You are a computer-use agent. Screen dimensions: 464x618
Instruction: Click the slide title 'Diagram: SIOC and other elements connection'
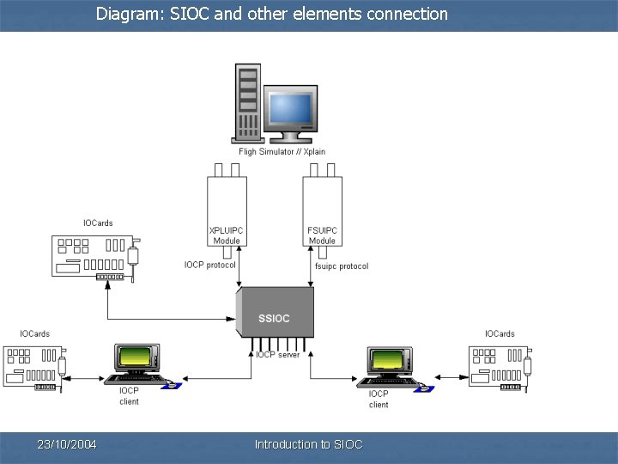click(271, 14)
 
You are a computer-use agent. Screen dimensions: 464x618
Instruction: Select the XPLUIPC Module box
click(227, 211)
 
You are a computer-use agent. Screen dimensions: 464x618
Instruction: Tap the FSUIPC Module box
click(322, 211)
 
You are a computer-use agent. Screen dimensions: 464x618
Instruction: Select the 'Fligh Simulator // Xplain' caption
click(282, 152)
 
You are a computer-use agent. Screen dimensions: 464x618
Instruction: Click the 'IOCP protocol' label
click(209, 265)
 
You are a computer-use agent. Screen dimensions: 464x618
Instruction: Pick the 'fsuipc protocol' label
click(341, 266)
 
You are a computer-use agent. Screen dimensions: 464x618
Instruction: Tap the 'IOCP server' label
click(276, 354)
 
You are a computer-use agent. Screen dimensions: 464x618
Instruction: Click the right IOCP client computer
click(390, 366)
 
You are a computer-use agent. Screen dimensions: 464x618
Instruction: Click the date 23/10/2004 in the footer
click(67, 444)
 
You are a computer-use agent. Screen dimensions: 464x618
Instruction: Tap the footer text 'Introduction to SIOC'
click(308, 444)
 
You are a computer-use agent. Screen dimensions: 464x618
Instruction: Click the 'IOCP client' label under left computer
click(129, 396)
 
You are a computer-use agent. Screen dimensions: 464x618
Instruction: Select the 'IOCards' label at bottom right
click(500, 333)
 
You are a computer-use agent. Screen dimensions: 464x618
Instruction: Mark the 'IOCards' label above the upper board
click(98, 223)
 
